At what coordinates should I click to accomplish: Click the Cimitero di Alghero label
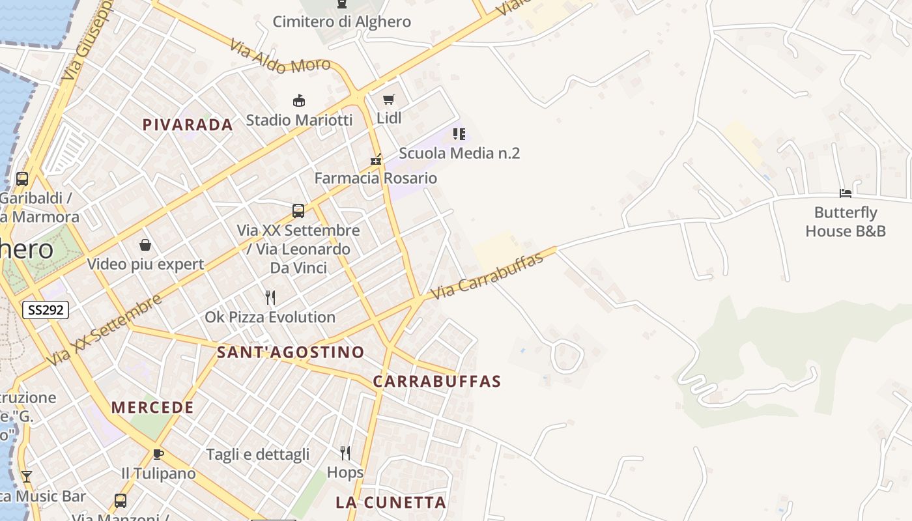tap(341, 21)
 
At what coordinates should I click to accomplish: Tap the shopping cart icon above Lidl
tap(389, 100)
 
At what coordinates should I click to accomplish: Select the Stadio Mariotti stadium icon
tap(299, 101)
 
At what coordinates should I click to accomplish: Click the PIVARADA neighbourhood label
tap(188, 125)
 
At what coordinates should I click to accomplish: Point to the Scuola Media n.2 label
tap(459, 154)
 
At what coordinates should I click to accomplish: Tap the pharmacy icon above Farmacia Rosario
tap(376, 159)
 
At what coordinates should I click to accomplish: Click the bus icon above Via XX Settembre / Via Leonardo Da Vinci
tap(298, 211)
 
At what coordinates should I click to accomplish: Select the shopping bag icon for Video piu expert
tap(145, 246)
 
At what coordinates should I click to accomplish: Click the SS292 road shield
tap(46, 310)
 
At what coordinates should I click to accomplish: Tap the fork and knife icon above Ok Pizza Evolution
tap(270, 298)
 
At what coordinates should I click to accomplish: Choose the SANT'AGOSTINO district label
tap(291, 352)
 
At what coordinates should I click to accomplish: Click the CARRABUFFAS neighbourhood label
tap(437, 382)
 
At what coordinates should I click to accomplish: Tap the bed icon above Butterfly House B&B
tap(846, 193)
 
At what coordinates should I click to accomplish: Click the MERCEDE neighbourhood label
tap(152, 408)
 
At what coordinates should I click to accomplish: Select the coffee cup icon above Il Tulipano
tap(158, 454)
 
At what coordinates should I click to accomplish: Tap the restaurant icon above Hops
tap(345, 453)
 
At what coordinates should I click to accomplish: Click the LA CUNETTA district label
tap(391, 503)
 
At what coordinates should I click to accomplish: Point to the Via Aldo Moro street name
tap(280, 57)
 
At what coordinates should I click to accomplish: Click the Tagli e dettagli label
tap(258, 455)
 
